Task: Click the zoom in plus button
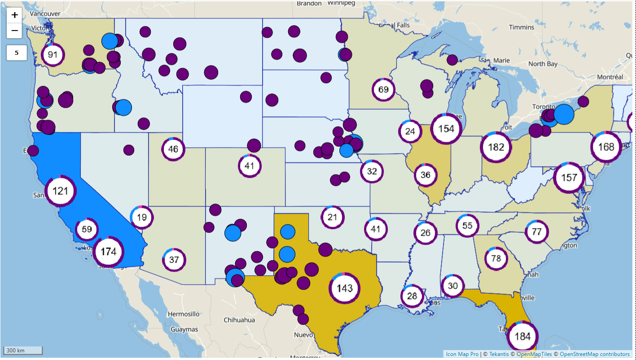coord(15,15)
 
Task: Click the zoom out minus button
coord(15,31)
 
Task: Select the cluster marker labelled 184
coord(523,337)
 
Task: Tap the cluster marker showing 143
coord(345,288)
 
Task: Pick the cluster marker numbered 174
coord(108,252)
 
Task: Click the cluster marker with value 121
coord(60,191)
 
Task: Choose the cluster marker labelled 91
coord(53,55)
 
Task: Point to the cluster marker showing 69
coord(383,89)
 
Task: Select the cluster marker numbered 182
coord(496,147)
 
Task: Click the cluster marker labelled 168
coord(606,147)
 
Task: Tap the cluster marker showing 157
coord(569,177)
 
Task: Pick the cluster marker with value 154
coord(446,129)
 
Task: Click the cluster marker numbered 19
coord(142,218)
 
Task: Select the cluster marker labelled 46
coord(173,149)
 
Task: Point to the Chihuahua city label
coord(240,320)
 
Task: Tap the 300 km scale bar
coord(23,350)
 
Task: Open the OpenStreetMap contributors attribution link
coord(595,354)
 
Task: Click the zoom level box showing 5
coord(17,53)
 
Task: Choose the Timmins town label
coord(522,27)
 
